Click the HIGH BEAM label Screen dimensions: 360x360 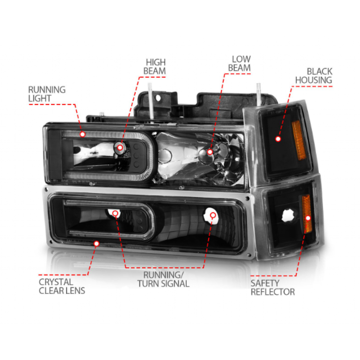tap(155, 66)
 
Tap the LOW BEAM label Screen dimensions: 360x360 tap(239, 64)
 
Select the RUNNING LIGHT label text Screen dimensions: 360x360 tap(47, 94)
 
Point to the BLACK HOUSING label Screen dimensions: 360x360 tap(314, 76)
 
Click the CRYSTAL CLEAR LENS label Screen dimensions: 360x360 tap(62, 286)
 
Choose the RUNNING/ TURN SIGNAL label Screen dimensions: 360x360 tap(163, 279)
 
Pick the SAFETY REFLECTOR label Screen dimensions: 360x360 tap(272, 288)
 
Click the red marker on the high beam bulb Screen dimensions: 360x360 tap(120, 147)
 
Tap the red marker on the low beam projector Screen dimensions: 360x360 tap(210, 152)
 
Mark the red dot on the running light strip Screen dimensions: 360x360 tap(83, 134)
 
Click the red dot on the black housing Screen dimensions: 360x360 tap(278, 139)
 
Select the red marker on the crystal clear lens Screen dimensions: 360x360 tap(97, 243)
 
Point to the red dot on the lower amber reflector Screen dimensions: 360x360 tap(308, 218)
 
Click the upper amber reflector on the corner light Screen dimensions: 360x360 tap(299, 140)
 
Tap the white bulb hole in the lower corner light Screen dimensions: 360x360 tap(288, 216)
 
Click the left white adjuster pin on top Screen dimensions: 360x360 tap(150, 101)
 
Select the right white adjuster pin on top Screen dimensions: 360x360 tap(258, 94)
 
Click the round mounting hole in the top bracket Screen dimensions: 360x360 tap(158, 98)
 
